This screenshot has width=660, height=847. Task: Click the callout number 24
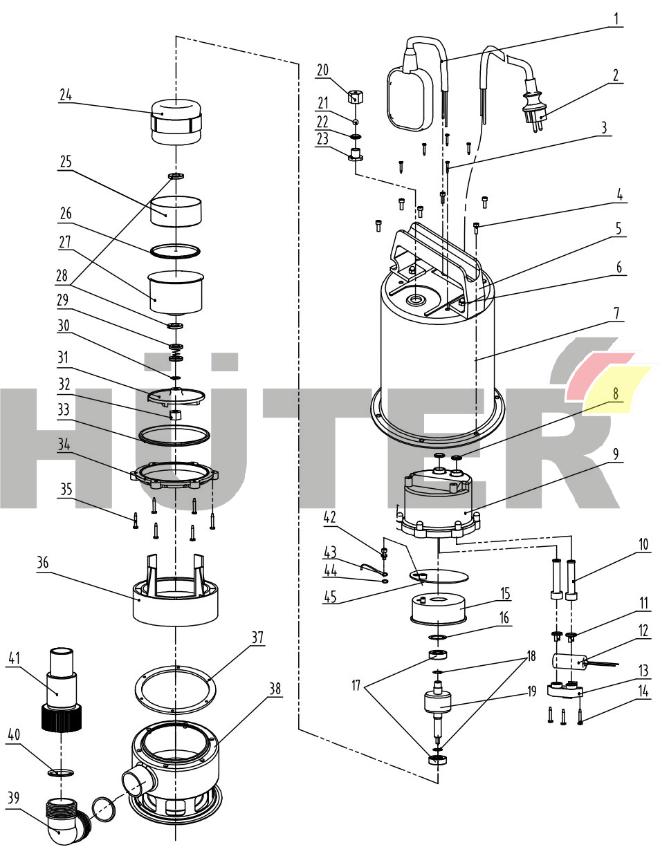(x=66, y=95)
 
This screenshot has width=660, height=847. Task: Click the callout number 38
(x=275, y=689)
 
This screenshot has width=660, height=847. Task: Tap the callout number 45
(x=330, y=597)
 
